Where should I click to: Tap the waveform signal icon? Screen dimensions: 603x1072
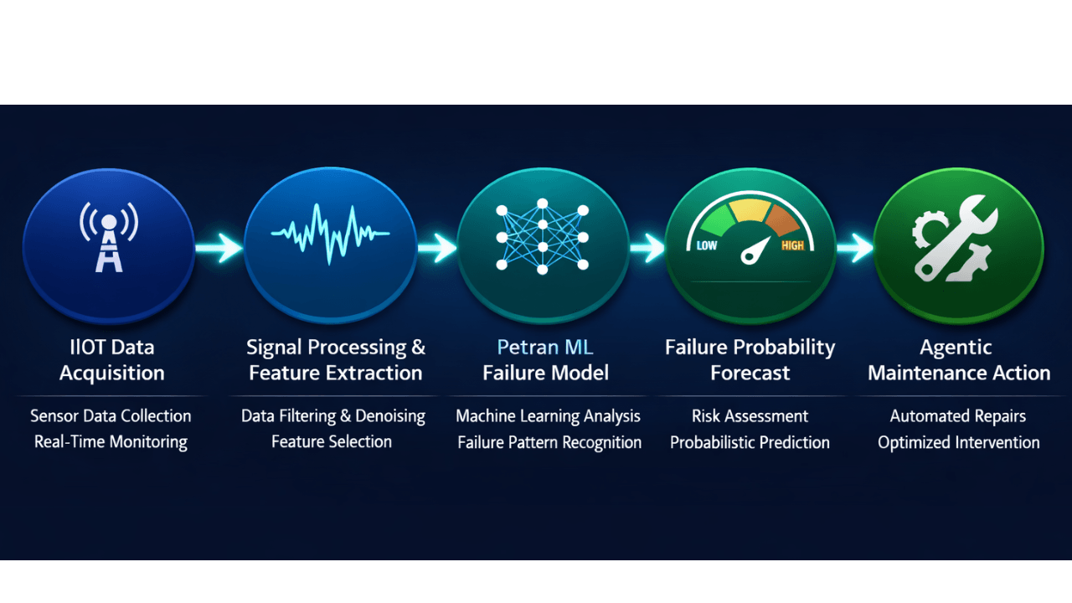330,234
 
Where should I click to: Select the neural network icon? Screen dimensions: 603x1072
542,237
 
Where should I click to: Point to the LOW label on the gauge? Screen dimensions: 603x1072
707,246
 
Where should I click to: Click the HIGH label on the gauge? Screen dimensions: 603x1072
792,245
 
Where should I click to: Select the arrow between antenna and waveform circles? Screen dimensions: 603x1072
219,247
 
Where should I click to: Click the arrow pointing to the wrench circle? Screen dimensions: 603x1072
854,247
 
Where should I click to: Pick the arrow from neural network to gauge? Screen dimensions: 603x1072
647,247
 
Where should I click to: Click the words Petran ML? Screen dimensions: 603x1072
544,347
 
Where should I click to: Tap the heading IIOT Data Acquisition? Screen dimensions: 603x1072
111,360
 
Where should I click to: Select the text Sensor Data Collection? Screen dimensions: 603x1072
111,416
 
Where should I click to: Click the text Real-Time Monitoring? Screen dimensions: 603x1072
111,442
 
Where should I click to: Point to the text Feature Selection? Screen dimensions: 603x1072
332,442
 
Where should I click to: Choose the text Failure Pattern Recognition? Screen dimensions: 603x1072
549,442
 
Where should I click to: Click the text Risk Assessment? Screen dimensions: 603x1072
750,416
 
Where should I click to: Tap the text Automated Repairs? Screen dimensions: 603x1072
957,416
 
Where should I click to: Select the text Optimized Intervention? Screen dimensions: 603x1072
958,442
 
